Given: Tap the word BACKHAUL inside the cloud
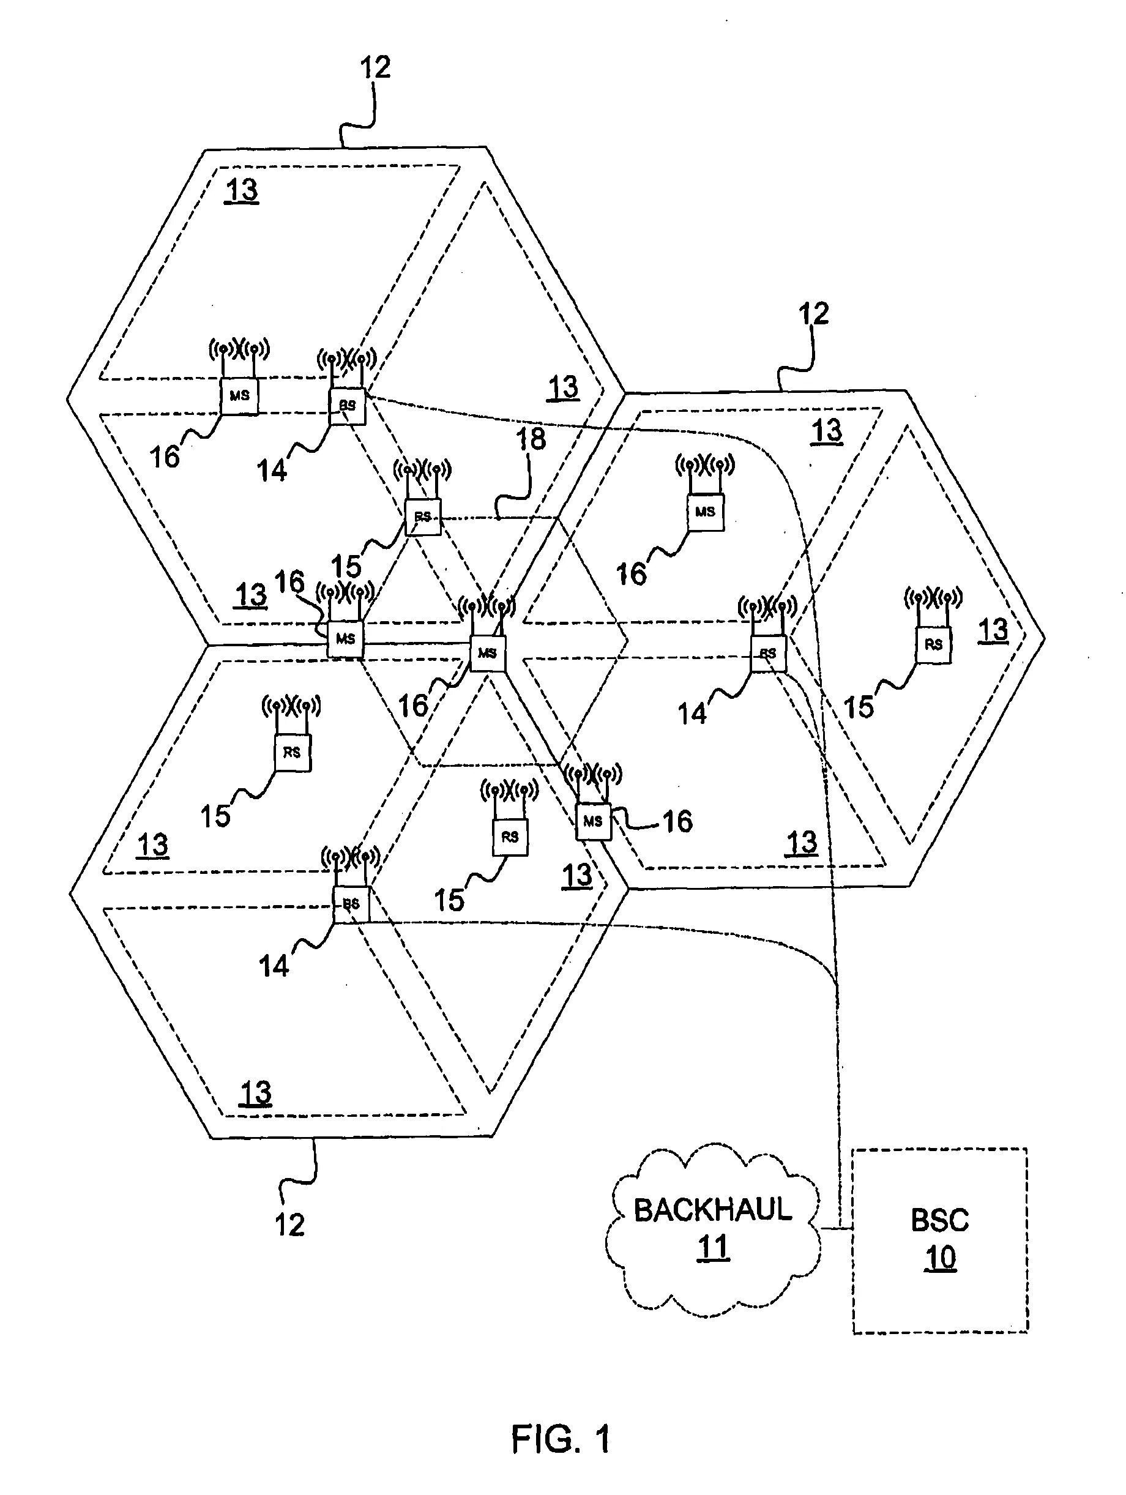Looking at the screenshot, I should coord(712,1209).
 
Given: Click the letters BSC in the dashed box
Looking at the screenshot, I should coord(939,1220).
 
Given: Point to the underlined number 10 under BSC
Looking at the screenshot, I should coord(940,1258).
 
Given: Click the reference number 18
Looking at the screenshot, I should coord(531,439).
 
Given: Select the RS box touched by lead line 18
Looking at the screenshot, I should coord(422,517).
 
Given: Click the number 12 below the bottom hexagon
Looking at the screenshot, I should coord(289,1225).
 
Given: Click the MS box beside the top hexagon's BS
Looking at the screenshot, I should coord(239,396).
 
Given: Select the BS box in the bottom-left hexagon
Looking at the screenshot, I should coord(351,904).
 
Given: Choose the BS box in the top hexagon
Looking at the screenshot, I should coord(347,406).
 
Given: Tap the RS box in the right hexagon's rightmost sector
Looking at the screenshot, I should coord(933,645).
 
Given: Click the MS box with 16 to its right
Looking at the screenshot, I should coord(593,822).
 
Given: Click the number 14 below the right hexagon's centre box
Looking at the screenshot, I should coord(692,714).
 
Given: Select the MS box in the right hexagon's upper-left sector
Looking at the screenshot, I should coord(705,512).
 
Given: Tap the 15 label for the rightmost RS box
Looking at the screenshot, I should coord(859,707).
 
